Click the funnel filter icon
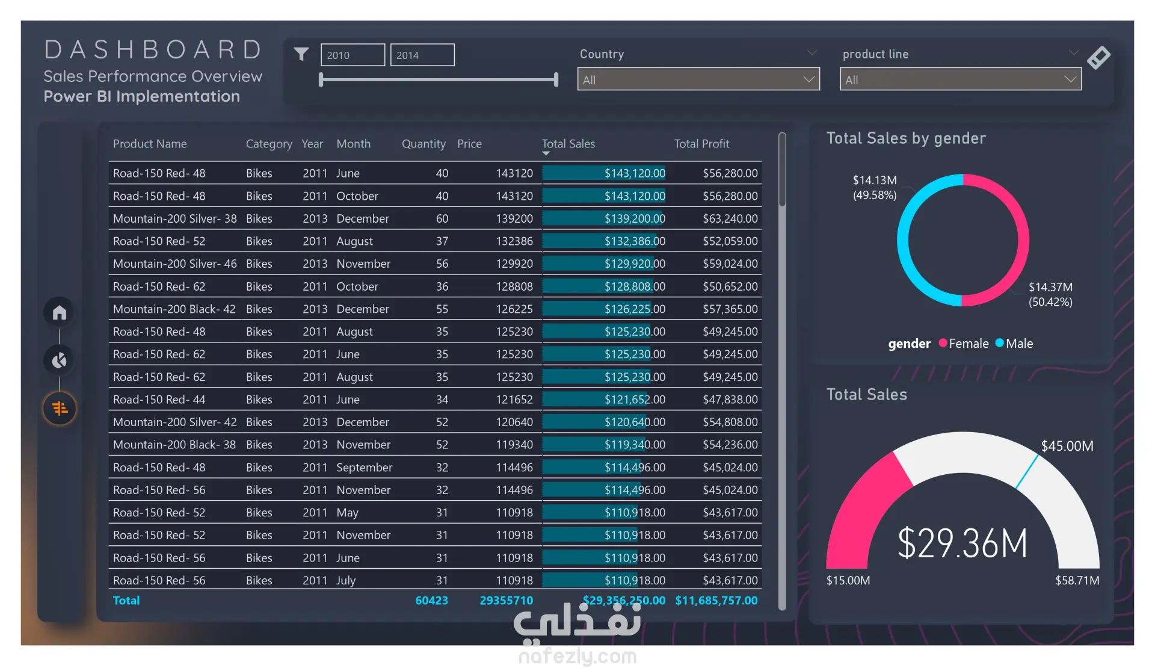301,54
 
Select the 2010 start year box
353,55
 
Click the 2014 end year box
422,55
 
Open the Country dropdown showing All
698,79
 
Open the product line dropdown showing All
961,79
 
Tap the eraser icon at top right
1098,58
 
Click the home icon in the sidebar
60,312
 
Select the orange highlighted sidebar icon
60,409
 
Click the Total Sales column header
568,144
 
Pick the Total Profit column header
701,144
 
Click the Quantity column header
423,144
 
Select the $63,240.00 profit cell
730,218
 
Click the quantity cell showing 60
442,218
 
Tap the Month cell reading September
365,468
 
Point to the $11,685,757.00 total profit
716,601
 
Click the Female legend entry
964,344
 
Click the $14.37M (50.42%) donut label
1050,294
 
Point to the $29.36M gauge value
962,543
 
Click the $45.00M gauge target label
1067,446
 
